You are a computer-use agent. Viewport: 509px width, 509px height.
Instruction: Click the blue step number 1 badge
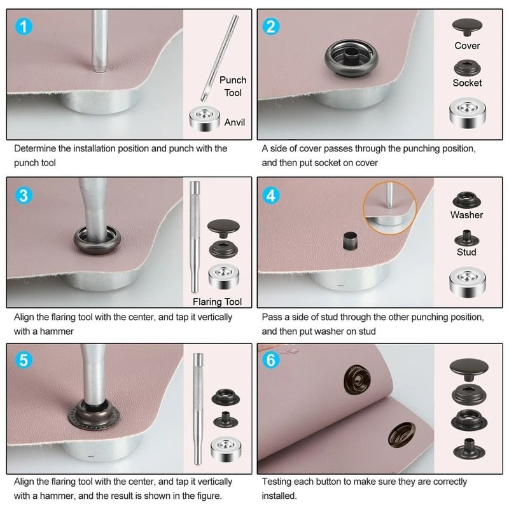pos(23,27)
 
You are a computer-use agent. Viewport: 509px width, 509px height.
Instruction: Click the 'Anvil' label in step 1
pos(234,122)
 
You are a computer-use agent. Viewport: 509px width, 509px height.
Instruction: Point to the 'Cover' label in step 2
pos(467,46)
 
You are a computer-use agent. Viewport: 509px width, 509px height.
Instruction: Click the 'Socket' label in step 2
pos(467,83)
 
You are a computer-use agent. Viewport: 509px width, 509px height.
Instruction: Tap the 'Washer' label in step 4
pos(466,215)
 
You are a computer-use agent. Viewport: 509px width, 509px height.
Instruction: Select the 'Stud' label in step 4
pos(466,252)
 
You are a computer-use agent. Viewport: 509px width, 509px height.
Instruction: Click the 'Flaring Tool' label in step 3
pos(218,302)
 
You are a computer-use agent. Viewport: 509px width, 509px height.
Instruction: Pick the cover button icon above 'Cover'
pos(467,27)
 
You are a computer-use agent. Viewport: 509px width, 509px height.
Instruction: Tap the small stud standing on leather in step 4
pos(348,242)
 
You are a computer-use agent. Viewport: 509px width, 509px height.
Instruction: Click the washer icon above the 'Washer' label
pos(466,199)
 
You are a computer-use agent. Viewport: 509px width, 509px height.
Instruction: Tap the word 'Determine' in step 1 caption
pos(35,149)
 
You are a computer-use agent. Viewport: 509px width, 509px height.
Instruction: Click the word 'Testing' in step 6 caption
pos(279,482)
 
